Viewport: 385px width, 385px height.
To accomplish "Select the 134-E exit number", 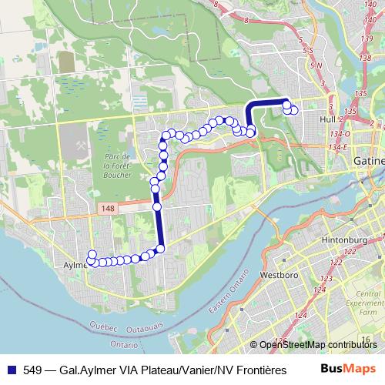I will pyautogui.click(x=340, y=146).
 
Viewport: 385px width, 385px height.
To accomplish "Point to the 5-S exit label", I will pyautogui.click(x=309, y=51).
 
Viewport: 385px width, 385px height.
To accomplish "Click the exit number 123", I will pyautogui.click(x=326, y=279).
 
